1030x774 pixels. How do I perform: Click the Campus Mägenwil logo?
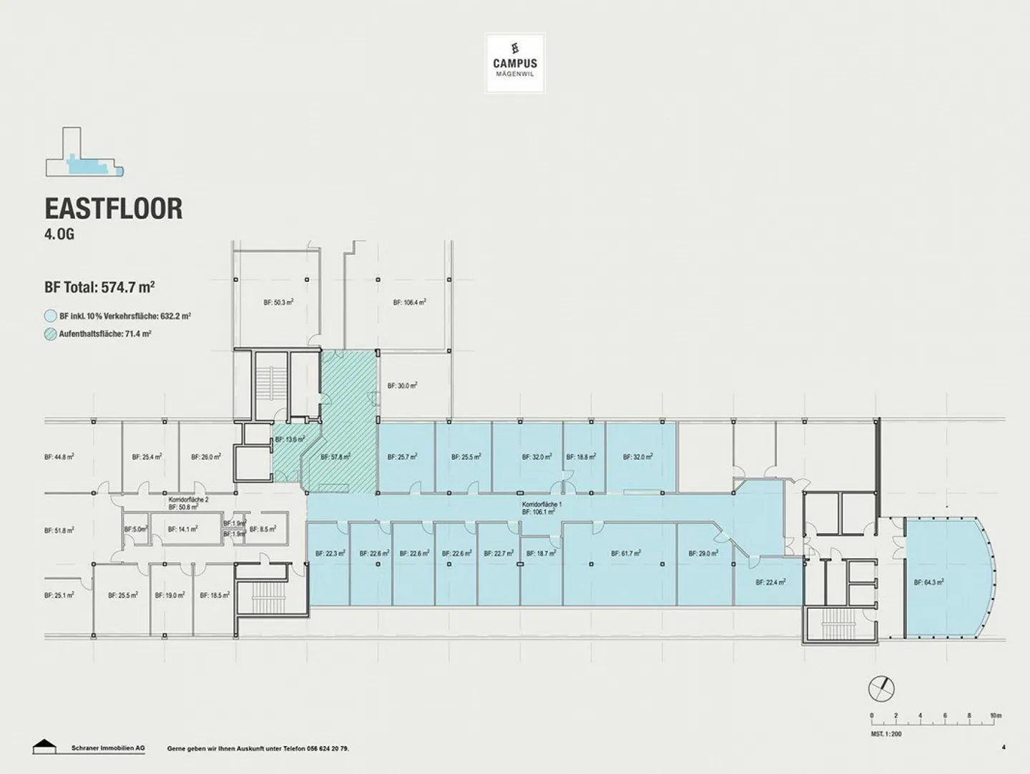coord(515,63)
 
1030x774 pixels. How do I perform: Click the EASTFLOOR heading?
coord(114,208)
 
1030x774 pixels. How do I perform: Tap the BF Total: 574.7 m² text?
coord(99,288)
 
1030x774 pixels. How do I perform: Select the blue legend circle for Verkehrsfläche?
coord(50,315)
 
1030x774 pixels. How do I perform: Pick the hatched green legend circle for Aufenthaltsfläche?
coord(50,333)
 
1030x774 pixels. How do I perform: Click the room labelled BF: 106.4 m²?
coord(409,303)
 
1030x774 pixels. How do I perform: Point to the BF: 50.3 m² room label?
coord(278,303)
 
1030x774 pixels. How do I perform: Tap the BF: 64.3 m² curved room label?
coord(928,582)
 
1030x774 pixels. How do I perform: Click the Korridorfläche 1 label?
coord(541,504)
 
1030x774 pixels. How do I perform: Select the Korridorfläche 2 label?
coord(188,499)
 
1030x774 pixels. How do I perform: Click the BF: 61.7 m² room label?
coord(625,553)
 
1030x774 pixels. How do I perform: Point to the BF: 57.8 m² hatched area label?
coord(335,456)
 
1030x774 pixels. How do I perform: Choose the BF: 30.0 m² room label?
coord(402,385)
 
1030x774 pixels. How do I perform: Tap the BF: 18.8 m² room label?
coord(581,456)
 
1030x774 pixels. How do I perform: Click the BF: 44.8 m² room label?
coord(59,456)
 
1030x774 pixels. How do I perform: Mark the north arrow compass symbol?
coord(881,689)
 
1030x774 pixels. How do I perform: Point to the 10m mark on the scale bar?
coord(995,715)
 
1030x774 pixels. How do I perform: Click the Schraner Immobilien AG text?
coord(108,748)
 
